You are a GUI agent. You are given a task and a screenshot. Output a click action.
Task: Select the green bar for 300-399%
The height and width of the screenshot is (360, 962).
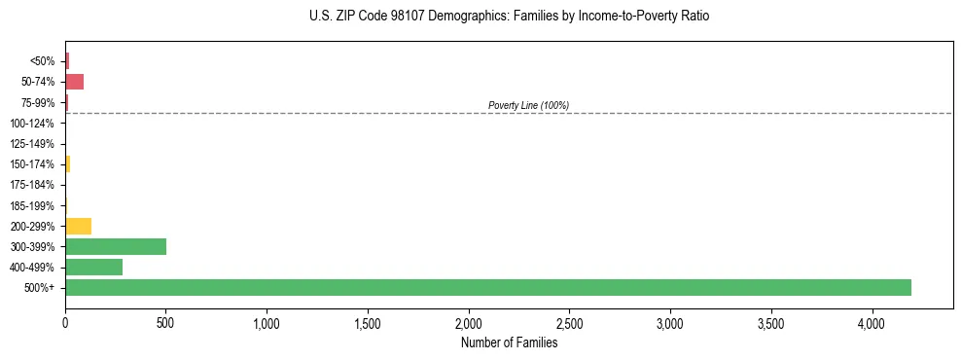pyautogui.click(x=116, y=246)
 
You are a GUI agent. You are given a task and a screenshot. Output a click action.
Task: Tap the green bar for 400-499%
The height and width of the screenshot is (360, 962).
pyautogui.click(x=93, y=267)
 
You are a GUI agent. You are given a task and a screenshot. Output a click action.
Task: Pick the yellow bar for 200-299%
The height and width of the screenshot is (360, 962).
pyautogui.click(x=78, y=226)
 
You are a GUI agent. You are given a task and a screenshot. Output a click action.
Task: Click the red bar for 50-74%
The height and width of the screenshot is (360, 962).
pyautogui.click(x=74, y=81)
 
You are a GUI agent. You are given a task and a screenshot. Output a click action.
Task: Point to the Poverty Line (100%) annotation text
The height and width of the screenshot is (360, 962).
pyautogui.click(x=528, y=105)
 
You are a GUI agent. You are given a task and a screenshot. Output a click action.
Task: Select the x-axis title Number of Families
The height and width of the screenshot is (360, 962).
pyautogui.click(x=509, y=342)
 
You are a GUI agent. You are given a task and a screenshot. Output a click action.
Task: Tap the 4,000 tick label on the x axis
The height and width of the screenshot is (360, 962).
pyautogui.click(x=872, y=321)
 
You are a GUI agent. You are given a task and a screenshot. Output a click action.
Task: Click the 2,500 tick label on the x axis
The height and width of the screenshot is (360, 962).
pyautogui.click(x=569, y=321)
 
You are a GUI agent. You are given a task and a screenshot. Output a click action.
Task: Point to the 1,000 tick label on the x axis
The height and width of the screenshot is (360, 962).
pyautogui.click(x=267, y=321)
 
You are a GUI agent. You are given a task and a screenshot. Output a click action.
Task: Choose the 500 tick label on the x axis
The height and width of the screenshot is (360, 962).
pyautogui.click(x=166, y=321)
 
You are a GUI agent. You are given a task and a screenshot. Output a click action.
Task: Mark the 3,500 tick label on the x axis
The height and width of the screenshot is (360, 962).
pyautogui.click(x=770, y=321)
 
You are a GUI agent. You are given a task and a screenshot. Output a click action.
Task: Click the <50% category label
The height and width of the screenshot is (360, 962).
pyautogui.click(x=43, y=61)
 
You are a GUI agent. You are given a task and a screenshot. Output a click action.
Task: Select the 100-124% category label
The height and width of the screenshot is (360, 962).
pyautogui.click(x=33, y=124)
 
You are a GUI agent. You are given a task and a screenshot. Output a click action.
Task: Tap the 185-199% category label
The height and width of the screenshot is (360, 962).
pyautogui.click(x=33, y=205)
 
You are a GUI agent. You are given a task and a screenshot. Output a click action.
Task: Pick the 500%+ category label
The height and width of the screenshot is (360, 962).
pyautogui.click(x=40, y=288)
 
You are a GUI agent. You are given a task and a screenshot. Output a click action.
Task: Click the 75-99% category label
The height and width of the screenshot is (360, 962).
pyautogui.click(x=37, y=102)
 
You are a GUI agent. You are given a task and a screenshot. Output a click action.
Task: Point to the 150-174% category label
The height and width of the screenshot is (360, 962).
pyautogui.click(x=33, y=164)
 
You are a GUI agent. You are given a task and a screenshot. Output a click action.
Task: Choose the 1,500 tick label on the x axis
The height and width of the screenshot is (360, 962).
pyautogui.click(x=368, y=321)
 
